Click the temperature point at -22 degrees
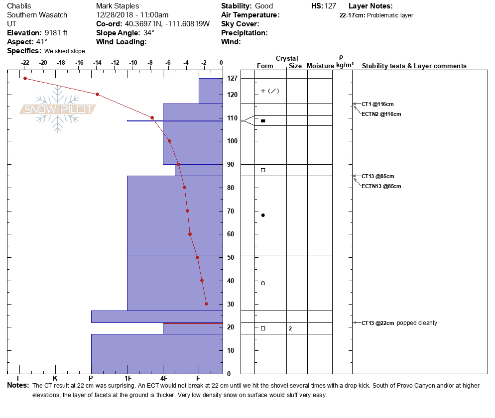coord(25,78)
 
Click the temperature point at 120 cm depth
coord(97,94)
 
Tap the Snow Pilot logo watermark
coord(57,109)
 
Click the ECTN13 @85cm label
coord(381,186)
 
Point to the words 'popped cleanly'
coord(417,323)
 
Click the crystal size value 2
coord(290,328)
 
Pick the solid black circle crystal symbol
coord(263,215)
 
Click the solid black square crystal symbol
coord(263,121)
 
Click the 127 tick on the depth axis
coord(232,79)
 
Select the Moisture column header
coord(320,66)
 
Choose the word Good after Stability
coord(264,6)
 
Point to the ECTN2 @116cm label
coord(381,114)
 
